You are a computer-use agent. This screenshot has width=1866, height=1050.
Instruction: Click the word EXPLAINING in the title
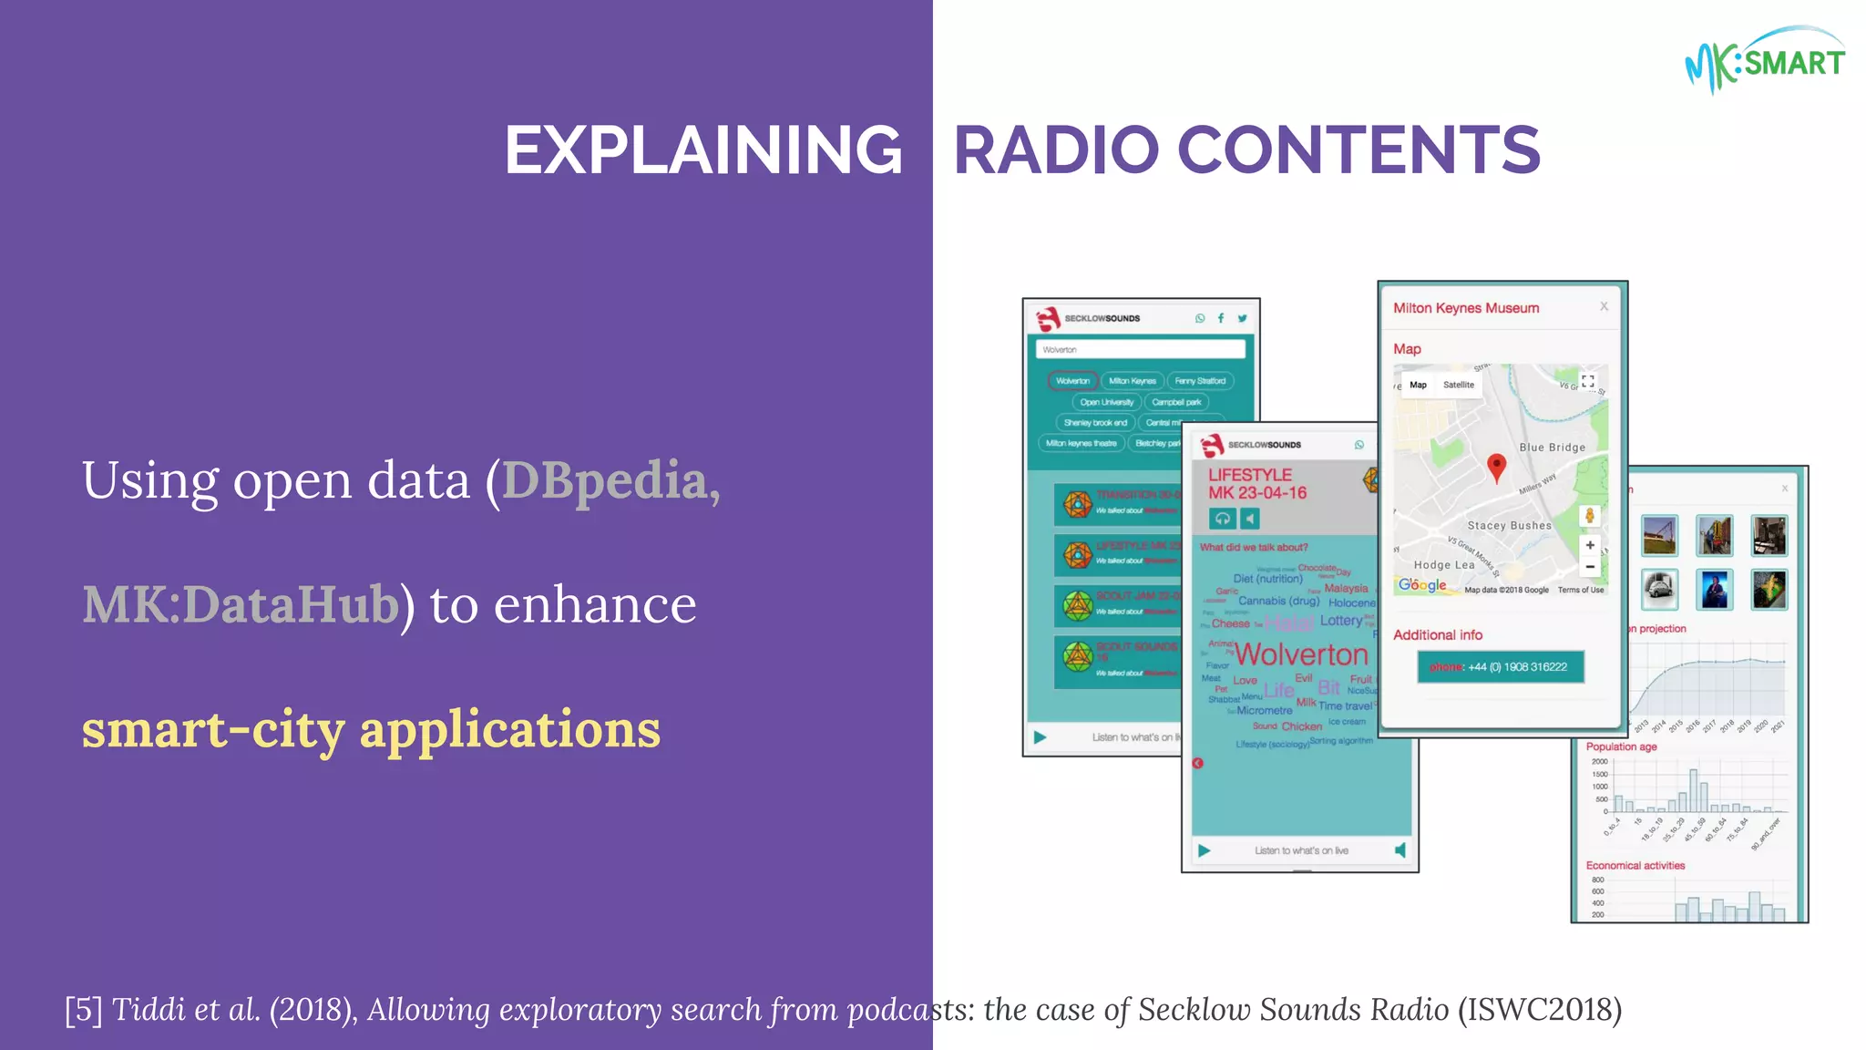(x=703, y=150)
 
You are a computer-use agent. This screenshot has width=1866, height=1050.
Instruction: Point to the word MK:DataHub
(x=241, y=604)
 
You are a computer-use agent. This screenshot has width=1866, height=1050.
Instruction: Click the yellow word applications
(x=509, y=729)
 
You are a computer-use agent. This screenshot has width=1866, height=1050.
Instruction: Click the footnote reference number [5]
(x=84, y=1009)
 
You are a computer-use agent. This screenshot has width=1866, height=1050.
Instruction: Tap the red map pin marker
(x=1496, y=466)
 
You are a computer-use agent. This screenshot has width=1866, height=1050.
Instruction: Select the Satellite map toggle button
(x=1458, y=385)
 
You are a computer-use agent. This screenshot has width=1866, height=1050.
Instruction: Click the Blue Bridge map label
(x=1552, y=448)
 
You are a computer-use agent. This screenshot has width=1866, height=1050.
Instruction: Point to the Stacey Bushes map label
(x=1509, y=526)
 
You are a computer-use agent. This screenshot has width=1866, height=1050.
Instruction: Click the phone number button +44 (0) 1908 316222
(x=1500, y=666)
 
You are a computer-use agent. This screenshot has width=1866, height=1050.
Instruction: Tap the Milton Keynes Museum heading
(x=1466, y=308)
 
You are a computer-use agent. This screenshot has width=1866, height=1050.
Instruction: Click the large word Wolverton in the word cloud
(x=1301, y=654)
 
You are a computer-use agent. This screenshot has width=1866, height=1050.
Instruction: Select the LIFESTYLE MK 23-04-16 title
(x=1256, y=484)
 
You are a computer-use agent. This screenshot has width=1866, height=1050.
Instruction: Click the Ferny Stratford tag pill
(x=1199, y=381)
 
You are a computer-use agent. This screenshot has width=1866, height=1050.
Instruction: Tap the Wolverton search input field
(x=1140, y=349)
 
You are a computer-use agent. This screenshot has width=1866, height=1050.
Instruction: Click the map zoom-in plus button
(x=1590, y=545)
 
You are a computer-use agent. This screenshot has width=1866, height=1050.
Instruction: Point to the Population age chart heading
(x=1621, y=746)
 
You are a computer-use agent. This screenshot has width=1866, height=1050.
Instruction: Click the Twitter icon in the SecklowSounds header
(x=1242, y=318)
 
